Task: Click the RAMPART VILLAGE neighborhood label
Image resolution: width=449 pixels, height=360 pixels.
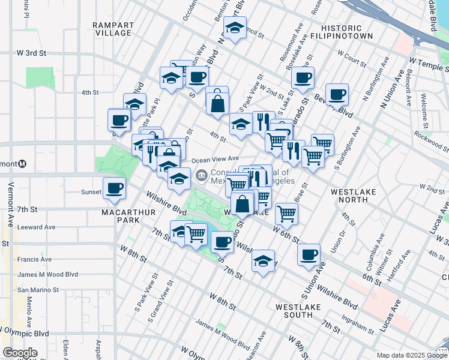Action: point(112,28)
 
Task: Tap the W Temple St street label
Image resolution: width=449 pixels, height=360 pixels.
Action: point(429,61)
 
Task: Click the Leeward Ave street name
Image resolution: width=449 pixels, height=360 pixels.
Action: point(37,227)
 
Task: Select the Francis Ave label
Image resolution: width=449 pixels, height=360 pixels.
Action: point(34,259)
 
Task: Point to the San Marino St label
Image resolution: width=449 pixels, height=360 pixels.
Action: point(38,290)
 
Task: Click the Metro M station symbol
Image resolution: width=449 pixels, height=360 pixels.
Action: point(22,163)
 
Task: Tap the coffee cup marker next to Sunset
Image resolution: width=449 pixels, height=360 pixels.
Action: point(114,188)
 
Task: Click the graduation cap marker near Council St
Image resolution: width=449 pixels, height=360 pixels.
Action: point(235,27)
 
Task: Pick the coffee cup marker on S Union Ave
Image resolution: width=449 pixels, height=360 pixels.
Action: point(309,254)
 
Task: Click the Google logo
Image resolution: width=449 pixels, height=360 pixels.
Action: point(20,353)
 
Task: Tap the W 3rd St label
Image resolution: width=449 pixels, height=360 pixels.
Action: point(32,53)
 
